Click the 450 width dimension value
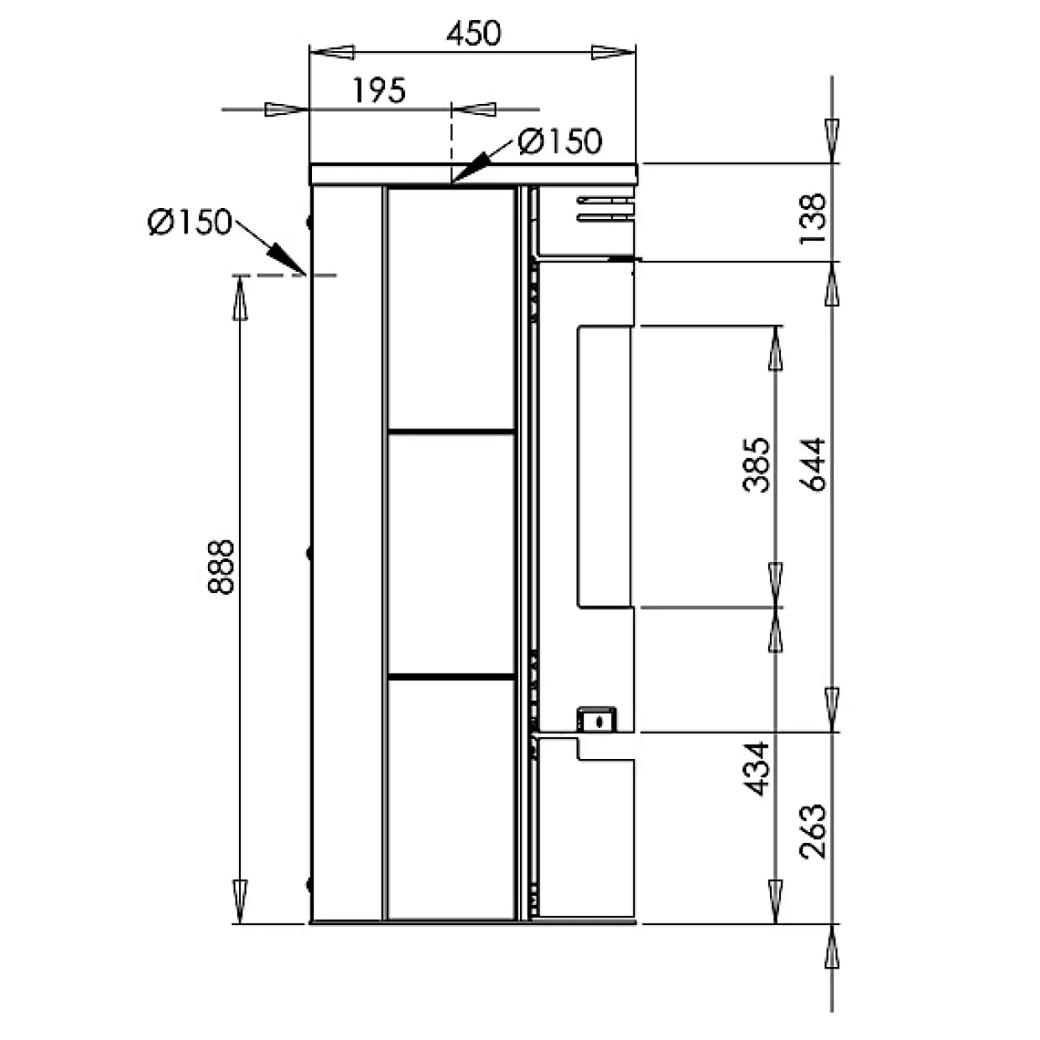pyautogui.click(x=473, y=34)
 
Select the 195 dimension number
pyautogui.click(x=379, y=91)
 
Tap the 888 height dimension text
pyautogui.click(x=221, y=567)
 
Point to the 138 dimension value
pyautogui.click(x=813, y=219)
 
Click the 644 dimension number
pyautogui.click(x=813, y=464)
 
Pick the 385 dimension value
pyautogui.click(x=756, y=465)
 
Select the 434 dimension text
pyautogui.click(x=756, y=770)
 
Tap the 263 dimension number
pyautogui.click(x=813, y=832)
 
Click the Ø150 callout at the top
pyautogui.click(x=559, y=142)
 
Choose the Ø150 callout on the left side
pyautogui.click(x=190, y=221)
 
